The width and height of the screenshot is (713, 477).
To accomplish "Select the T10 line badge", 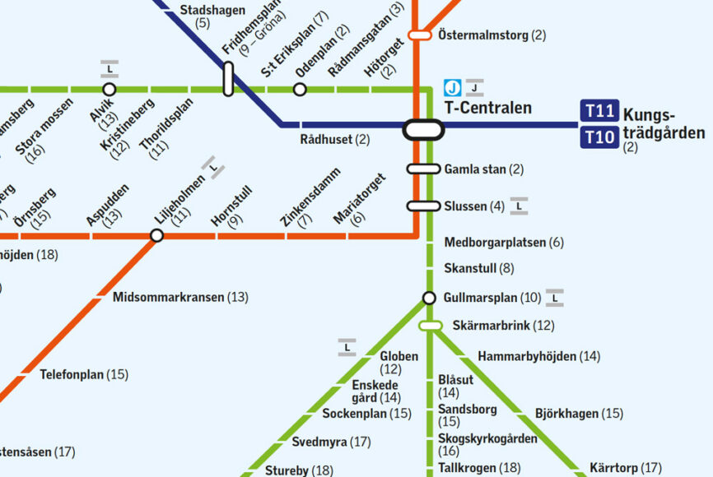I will click(x=599, y=137).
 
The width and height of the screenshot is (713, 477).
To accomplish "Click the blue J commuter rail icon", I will click(x=452, y=87).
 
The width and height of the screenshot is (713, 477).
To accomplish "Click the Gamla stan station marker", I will click(x=423, y=169).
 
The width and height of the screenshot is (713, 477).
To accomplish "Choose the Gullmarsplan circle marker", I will click(x=429, y=298).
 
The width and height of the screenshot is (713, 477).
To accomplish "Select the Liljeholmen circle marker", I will click(x=156, y=236).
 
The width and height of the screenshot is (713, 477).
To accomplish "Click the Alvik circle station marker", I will click(x=109, y=89).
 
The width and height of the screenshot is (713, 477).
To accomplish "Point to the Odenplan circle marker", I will click(x=300, y=89).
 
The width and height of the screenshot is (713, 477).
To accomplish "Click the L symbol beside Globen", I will click(x=347, y=349).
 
